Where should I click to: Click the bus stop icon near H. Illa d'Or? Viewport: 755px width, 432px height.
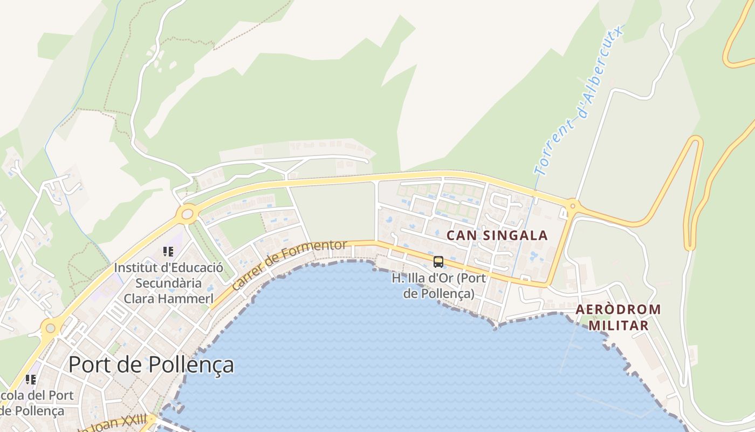pyautogui.click(x=438, y=262)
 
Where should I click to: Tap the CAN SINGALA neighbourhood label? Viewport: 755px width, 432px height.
pyautogui.click(x=497, y=235)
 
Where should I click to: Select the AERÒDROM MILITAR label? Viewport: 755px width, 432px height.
pyautogui.click(x=618, y=318)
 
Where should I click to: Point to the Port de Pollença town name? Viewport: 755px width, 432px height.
pyautogui.click(x=151, y=365)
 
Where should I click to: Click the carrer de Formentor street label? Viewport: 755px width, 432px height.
pyautogui.click(x=290, y=265)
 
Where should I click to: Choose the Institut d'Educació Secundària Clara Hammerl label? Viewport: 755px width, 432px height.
pyautogui.click(x=169, y=283)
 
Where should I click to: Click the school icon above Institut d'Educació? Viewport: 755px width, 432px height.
pyautogui.click(x=168, y=252)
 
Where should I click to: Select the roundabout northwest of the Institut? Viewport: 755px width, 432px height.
pyautogui.click(x=187, y=214)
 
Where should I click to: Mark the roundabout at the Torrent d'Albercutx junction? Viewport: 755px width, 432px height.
pyautogui.click(x=572, y=205)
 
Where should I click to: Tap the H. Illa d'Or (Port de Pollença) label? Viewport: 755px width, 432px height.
pyautogui.click(x=438, y=286)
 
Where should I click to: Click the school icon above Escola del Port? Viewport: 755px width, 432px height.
pyautogui.click(x=31, y=380)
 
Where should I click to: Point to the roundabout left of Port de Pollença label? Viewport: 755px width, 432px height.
pyautogui.click(x=50, y=327)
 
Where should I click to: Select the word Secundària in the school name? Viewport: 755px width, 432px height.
pyautogui.click(x=168, y=283)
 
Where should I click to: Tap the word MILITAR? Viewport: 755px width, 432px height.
pyautogui.click(x=618, y=326)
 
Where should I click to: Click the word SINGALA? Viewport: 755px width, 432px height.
pyautogui.click(x=515, y=235)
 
